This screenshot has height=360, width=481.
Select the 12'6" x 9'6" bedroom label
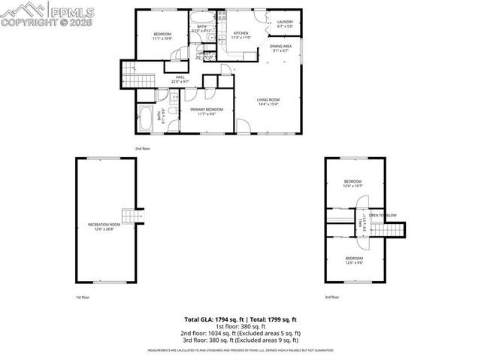352,261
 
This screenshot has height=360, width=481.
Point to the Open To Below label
382,216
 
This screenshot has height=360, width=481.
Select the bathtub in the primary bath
145,119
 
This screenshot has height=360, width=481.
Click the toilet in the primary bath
171,113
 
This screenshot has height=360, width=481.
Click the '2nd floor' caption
142,148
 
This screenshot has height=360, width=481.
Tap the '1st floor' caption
83,297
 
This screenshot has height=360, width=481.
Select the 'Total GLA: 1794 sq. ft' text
213,319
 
